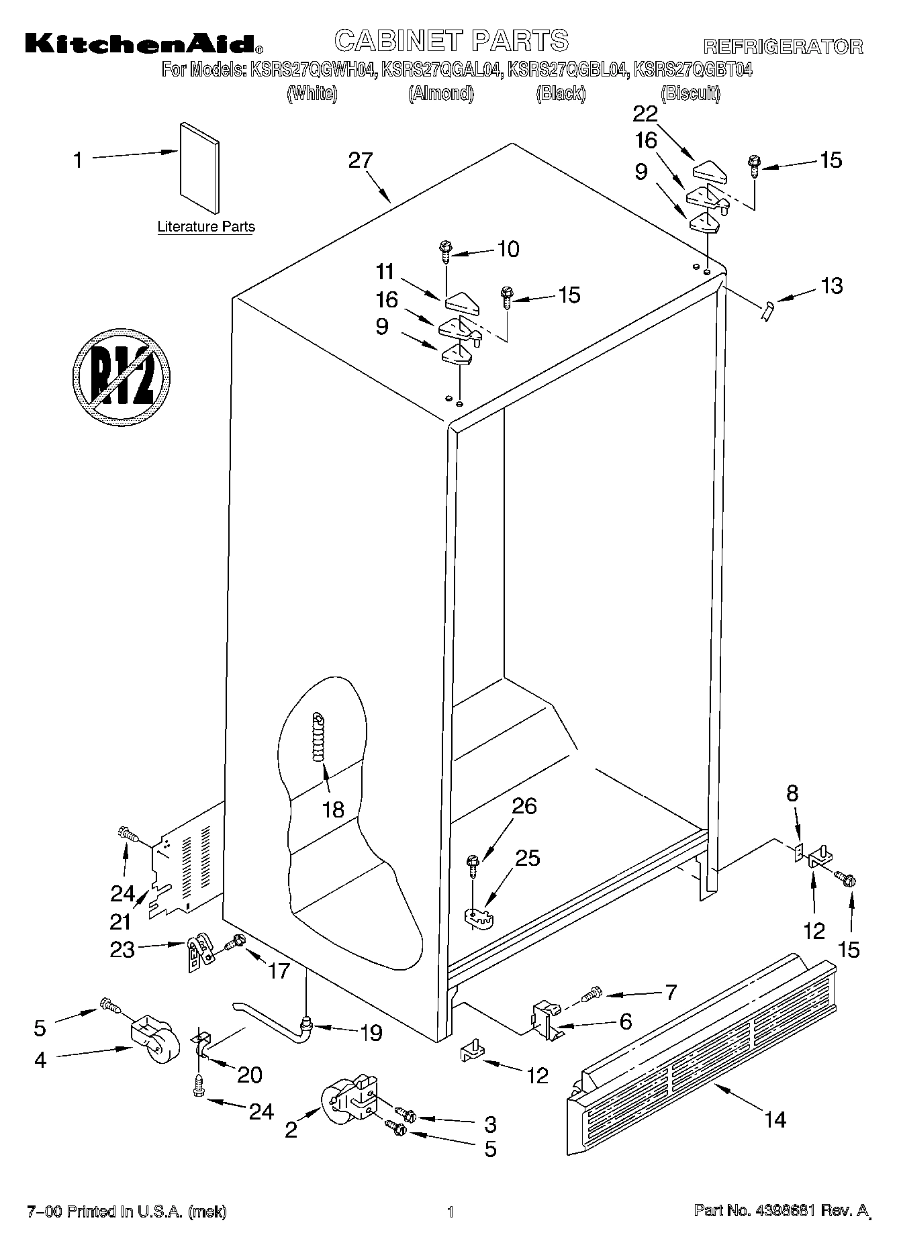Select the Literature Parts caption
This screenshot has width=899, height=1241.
point(206,227)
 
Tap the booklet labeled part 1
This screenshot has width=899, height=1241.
point(199,168)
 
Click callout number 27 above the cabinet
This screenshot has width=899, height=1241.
point(360,160)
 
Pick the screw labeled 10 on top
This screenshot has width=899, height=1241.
point(445,250)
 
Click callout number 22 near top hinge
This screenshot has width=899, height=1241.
point(645,114)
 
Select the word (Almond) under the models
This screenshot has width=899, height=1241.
point(441,94)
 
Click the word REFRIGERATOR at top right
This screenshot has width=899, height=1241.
point(782,46)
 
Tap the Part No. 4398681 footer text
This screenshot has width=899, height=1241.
point(783,1211)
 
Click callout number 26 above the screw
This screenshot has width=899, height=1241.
point(524,805)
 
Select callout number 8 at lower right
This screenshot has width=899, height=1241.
point(792,793)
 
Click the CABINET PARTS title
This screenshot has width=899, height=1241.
point(451,41)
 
